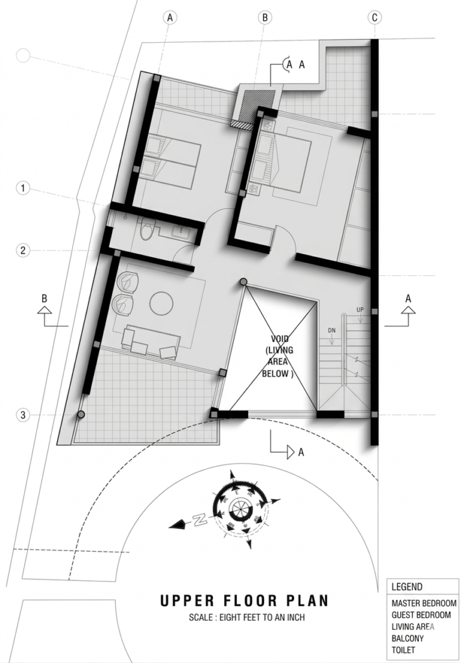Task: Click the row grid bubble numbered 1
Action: coord(23,188)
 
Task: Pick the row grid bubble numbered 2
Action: coord(23,251)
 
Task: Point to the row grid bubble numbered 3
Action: coord(23,415)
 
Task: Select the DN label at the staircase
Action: coord(332,330)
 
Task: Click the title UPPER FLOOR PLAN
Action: coord(243,601)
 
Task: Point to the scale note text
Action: coord(243,618)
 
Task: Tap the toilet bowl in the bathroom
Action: coord(148,230)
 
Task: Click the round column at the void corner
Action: coord(243,282)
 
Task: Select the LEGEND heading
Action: coord(407,587)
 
